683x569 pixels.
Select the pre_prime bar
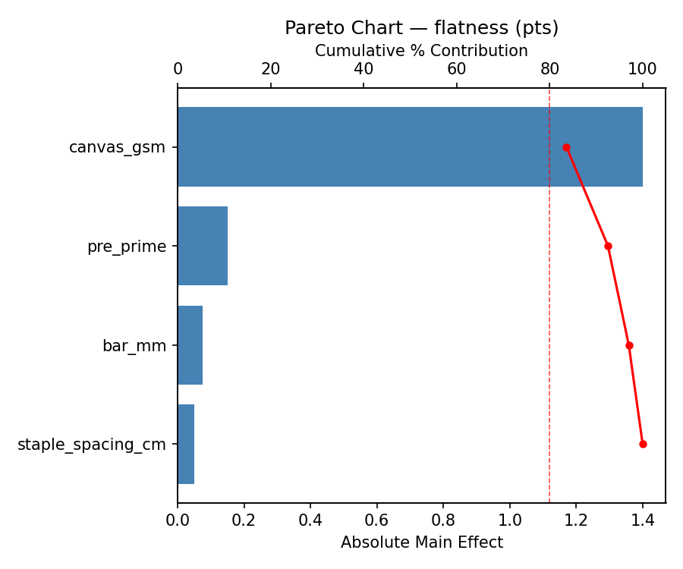click(203, 246)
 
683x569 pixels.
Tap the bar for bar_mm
click(190, 345)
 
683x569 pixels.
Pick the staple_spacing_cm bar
click(186, 444)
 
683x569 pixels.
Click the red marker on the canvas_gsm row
click(566, 147)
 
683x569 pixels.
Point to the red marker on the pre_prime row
click(608, 246)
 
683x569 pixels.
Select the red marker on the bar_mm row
click(629, 345)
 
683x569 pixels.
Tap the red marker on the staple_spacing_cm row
click(643, 444)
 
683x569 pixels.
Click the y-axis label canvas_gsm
click(117, 147)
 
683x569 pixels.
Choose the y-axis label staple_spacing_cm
click(91, 445)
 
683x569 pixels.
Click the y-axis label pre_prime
click(126, 247)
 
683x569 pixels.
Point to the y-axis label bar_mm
click(134, 346)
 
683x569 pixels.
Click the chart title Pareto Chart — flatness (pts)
click(421, 28)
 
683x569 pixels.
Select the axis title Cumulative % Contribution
click(421, 51)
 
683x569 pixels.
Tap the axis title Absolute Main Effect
click(421, 542)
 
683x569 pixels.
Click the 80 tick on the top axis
click(549, 69)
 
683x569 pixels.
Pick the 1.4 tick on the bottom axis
click(643, 520)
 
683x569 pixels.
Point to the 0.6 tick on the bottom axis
click(377, 520)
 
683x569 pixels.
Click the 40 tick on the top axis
click(364, 69)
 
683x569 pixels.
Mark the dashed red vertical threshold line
click(549, 303)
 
